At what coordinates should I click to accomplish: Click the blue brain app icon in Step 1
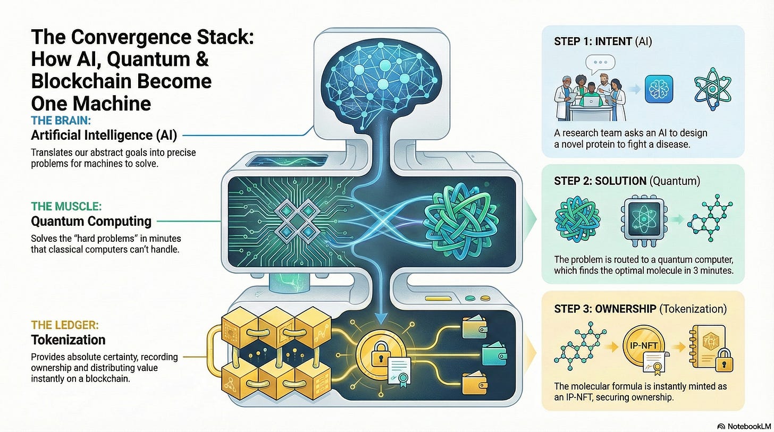tap(659, 88)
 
